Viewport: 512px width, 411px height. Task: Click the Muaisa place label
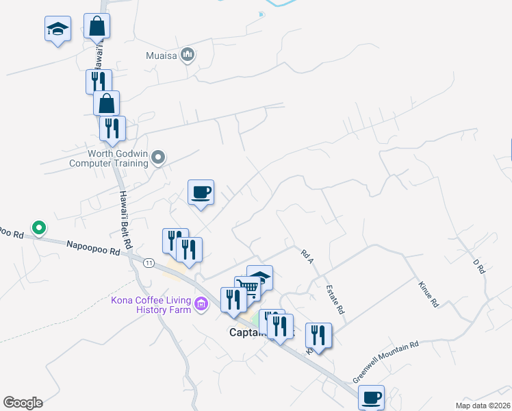click(x=161, y=55)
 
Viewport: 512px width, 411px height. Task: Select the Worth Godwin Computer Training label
click(x=109, y=159)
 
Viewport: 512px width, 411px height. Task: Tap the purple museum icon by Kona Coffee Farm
click(x=201, y=303)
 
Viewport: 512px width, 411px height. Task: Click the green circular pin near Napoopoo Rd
click(x=39, y=227)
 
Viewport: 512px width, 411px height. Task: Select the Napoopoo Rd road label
click(x=93, y=248)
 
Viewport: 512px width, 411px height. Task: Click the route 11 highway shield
click(x=148, y=262)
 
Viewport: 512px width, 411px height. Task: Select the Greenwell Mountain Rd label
click(x=385, y=362)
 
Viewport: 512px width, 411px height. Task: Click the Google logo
click(x=23, y=402)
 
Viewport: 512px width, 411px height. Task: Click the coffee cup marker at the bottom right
click(x=371, y=397)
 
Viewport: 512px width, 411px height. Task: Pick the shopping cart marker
click(x=247, y=288)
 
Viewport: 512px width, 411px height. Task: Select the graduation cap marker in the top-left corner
click(x=57, y=29)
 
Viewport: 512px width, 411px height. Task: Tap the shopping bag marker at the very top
click(x=97, y=26)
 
